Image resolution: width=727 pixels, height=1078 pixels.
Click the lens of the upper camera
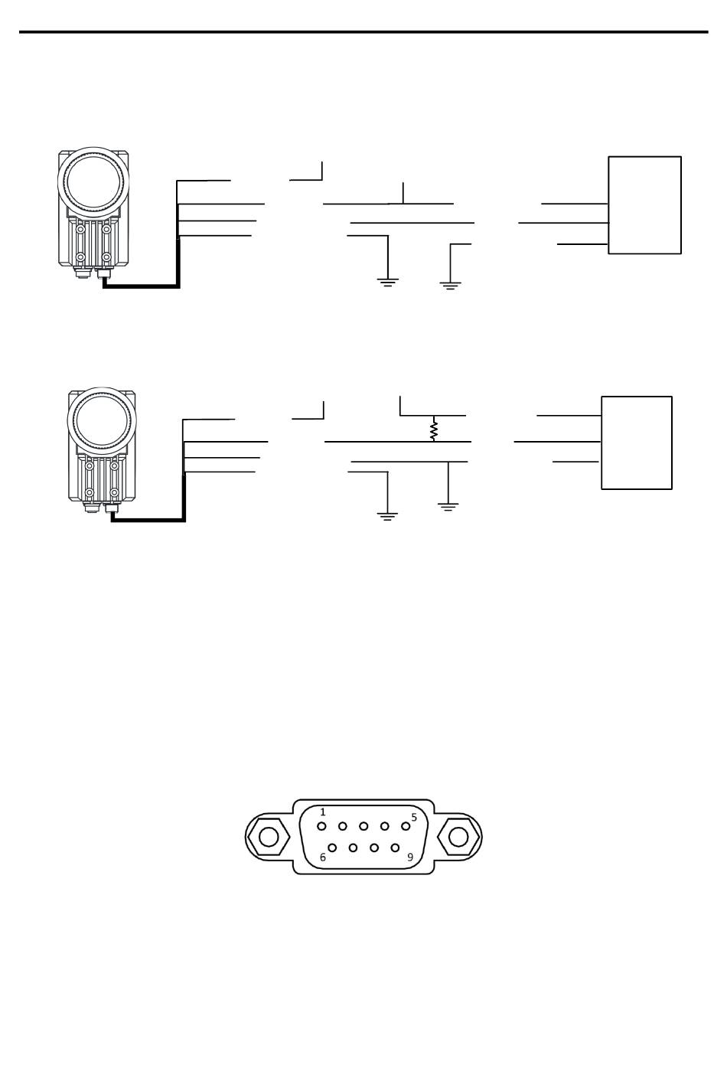tap(93, 183)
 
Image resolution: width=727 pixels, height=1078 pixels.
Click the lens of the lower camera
tap(103, 423)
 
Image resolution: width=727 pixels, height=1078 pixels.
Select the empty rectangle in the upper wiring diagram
tap(644, 205)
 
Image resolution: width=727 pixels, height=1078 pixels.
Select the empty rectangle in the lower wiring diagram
tap(636, 443)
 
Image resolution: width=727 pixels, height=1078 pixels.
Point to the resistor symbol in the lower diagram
tap(433, 430)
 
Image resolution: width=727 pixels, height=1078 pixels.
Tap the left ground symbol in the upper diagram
tap(388, 282)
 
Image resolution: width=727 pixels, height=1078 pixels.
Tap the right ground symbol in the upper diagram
tap(450, 285)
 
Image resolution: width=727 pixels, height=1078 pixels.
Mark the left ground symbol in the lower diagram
tap(387, 517)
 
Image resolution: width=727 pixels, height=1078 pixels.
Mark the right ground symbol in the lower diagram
tap(448, 506)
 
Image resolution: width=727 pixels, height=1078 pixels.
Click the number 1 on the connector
tap(323, 812)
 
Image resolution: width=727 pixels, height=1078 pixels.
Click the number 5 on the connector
tap(414, 817)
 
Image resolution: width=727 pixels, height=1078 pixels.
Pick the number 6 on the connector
tap(323, 857)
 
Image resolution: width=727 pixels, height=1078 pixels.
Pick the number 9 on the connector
tap(409, 857)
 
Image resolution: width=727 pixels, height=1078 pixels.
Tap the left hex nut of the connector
tap(269, 837)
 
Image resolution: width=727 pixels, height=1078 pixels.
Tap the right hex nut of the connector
tap(458, 837)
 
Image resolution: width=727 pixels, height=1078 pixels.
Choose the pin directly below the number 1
tap(322, 826)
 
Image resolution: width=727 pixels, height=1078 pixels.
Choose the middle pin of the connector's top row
tap(363, 826)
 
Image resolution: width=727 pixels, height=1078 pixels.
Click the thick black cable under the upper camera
tap(142, 286)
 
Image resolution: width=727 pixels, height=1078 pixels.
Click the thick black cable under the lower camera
tap(149, 520)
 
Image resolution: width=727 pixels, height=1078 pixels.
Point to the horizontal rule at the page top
tap(363, 32)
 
